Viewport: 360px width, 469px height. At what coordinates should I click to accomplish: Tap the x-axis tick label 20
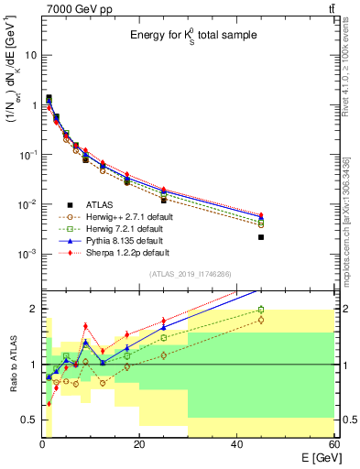pyautogui.click(x=139, y=444)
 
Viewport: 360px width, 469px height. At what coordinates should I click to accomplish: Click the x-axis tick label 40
pyautogui.click(x=236, y=444)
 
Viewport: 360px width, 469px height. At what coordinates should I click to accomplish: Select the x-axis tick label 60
pyautogui.click(x=333, y=444)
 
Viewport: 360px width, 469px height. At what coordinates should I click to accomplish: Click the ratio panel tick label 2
pyautogui.click(x=36, y=309)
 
